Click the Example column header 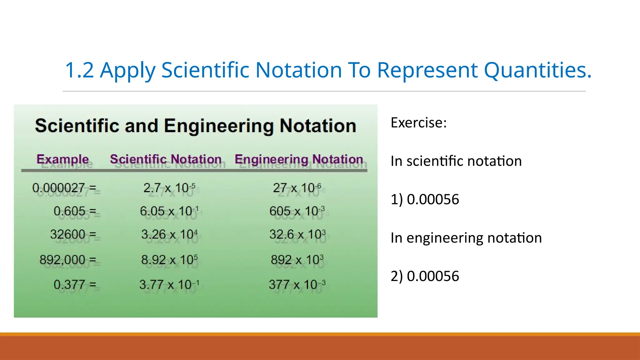pos(62,159)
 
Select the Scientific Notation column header pos(166,159)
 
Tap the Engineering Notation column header pos(299,159)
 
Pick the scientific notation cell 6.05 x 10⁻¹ pos(169,211)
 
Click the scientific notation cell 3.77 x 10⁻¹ pos(169,284)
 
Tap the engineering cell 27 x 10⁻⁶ pos(297,188)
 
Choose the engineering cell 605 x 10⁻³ pos(297,211)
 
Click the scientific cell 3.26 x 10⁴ pos(169,234)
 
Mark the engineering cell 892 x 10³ pos(297,260)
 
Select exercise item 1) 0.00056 pos(425,199)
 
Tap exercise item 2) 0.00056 pos(425,276)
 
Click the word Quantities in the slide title pos(537,70)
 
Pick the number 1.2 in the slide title pos(79,70)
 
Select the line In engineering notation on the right pos(466,238)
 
